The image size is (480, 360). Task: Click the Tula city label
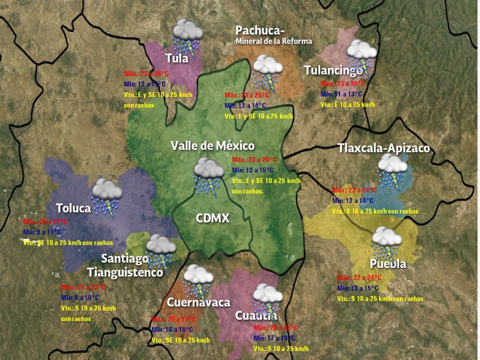[x=177, y=58]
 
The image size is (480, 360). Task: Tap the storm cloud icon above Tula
[x=187, y=35]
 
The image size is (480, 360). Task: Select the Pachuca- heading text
[x=260, y=30]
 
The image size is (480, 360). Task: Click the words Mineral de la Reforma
[x=273, y=41]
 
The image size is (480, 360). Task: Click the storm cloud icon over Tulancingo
[x=361, y=54]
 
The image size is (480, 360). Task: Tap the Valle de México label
[x=212, y=145]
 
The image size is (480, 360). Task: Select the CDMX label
[x=212, y=218]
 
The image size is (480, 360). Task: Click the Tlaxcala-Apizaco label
[x=383, y=148]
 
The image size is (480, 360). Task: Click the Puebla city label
[x=388, y=263]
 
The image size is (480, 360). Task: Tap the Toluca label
[x=73, y=208]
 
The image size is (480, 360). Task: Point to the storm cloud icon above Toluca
[x=107, y=195]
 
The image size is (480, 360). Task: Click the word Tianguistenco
[x=125, y=272]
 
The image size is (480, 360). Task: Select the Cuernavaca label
[x=198, y=302]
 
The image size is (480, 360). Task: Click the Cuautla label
[x=256, y=316]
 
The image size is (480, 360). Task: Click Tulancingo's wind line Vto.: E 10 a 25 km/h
[x=347, y=105]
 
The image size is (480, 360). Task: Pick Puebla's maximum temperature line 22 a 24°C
[x=359, y=277]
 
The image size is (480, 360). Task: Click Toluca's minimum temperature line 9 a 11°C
[x=41, y=232]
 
